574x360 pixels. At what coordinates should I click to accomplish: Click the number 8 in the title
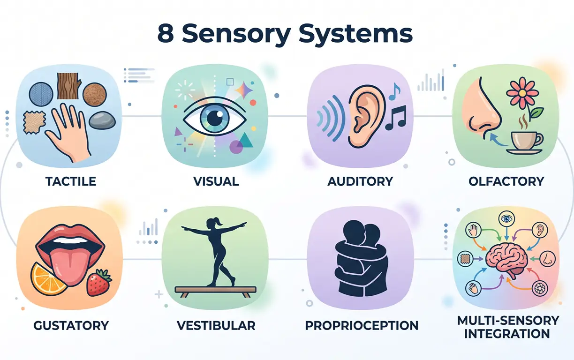[166, 34]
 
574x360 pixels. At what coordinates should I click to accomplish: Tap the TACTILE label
[71, 181]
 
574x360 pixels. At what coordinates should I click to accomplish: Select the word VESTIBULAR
[216, 326]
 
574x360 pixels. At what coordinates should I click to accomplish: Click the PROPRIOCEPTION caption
[362, 326]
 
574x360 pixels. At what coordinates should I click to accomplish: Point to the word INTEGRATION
[507, 334]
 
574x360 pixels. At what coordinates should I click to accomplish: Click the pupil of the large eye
[215, 119]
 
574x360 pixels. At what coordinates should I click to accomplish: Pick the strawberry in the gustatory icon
[99, 282]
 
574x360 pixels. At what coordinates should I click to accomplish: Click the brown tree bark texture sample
[68, 86]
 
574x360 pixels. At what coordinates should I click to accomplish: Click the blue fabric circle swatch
[41, 94]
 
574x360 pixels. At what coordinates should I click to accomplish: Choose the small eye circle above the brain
[506, 219]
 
